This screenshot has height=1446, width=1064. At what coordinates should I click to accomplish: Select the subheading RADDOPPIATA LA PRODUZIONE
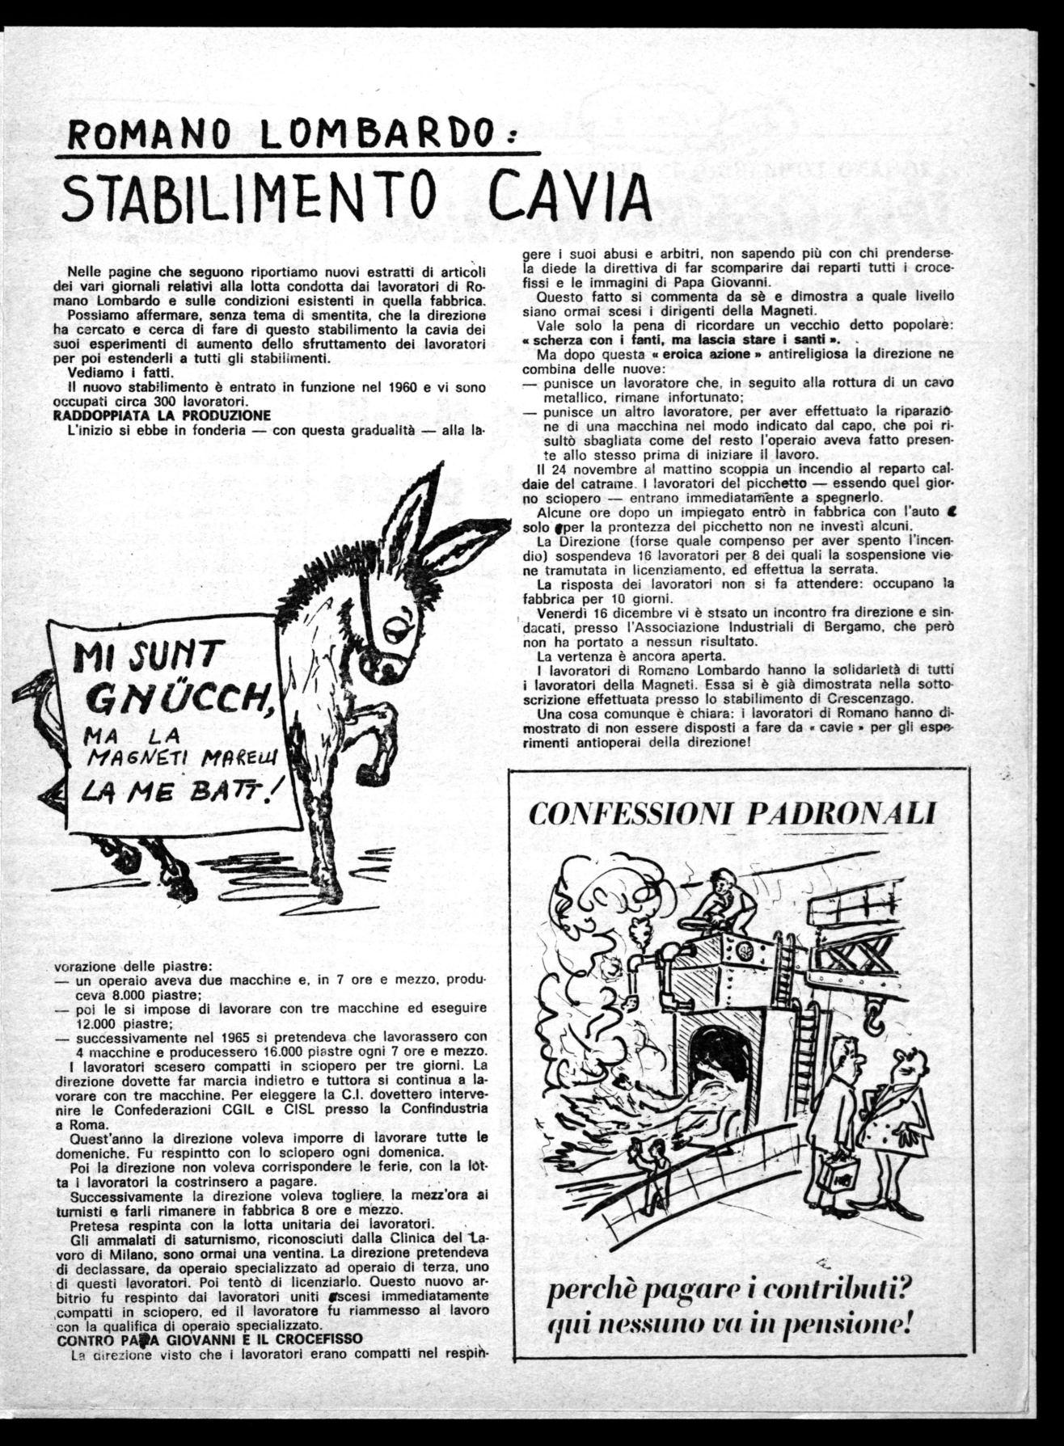[163, 415]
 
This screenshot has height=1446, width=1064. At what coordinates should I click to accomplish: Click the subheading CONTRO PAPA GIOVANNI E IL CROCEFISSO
[209, 1338]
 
